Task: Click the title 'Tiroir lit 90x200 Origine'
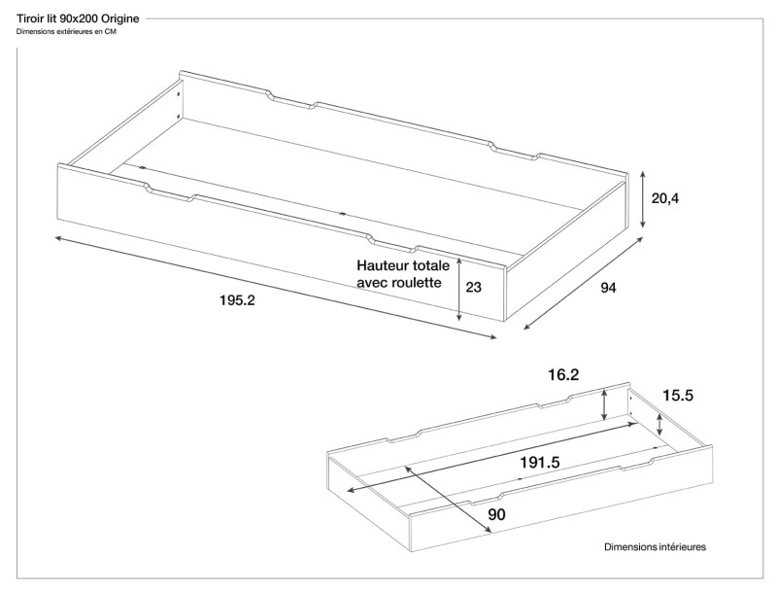coord(78,18)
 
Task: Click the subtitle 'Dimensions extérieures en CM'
coord(66,32)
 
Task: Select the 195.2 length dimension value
coord(237,301)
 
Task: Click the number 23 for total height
coord(474,287)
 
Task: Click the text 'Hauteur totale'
coord(403,264)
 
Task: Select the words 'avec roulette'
coord(398,283)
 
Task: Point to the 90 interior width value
coord(496,514)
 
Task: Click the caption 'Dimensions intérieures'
coord(655,547)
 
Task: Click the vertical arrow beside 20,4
coord(642,199)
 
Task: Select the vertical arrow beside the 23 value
coord(459,289)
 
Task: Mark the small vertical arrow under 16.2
coord(605,403)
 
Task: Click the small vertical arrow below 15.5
coord(660,422)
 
